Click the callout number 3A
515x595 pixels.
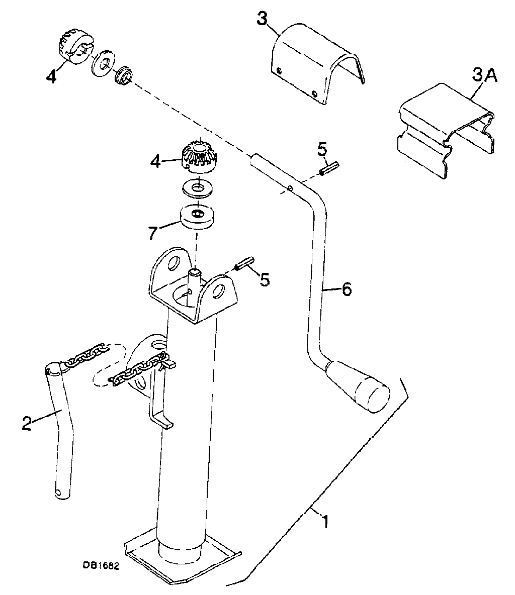484,76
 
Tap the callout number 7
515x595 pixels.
152,233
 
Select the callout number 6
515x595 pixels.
347,290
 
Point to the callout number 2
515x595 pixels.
26,423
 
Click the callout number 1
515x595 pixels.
325,521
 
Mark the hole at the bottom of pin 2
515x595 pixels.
58,493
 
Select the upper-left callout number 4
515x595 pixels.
51,77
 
